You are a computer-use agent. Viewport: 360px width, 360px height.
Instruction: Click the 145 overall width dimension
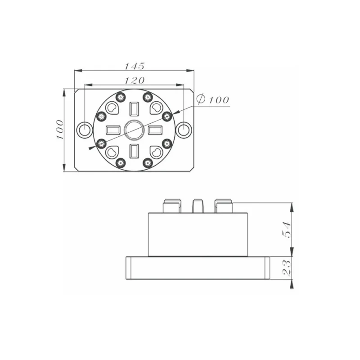click(x=134, y=66)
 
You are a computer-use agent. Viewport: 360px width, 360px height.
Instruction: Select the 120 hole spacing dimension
click(x=134, y=80)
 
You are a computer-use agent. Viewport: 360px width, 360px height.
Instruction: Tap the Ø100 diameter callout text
click(x=212, y=99)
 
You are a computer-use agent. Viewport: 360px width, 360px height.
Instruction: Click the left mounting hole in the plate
click(x=84, y=130)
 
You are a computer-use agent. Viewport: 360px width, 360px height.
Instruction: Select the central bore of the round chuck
click(x=134, y=130)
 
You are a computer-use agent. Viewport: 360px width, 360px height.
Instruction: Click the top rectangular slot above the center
click(x=134, y=109)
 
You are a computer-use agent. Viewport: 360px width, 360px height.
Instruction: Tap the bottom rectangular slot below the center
click(x=134, y=151)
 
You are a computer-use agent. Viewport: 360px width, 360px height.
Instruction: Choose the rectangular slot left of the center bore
click(x=113, y=130)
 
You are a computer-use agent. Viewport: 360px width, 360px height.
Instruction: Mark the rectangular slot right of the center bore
click(x=155, y=130)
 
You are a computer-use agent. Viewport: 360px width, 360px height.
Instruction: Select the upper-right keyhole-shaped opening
click(x=156, y=108)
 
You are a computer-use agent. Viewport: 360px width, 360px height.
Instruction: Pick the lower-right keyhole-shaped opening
click(x=156, y=153)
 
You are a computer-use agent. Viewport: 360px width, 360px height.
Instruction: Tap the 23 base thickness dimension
click(x=286, y=268)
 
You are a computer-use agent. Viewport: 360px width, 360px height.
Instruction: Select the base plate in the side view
click(x=198, y=268)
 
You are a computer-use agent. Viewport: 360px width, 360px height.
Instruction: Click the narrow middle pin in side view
click(x=198, y=206)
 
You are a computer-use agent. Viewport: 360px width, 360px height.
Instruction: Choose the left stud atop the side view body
click(x=171, y=206)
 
